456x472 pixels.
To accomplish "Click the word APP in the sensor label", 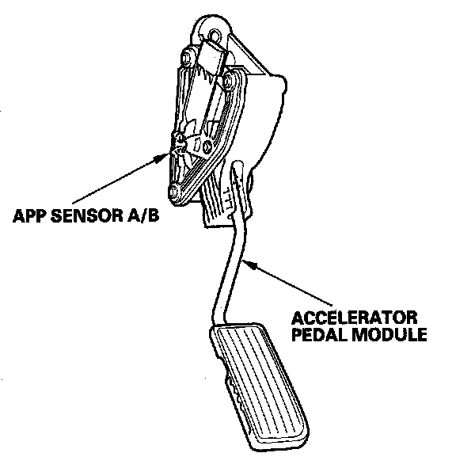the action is pyautogui.click(x=29, y=215).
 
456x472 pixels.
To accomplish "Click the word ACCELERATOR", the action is pyautogui.click(x=354, y=318).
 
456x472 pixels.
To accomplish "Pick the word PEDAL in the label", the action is pyautogui.click(x=320, y=334).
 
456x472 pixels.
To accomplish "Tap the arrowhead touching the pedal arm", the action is pyautogui.click(x=249, y=265).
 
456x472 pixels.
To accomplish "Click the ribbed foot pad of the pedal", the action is pyautogui.click(x=260, y=386).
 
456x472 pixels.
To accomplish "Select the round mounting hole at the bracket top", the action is pyautogui.click(x=215, y=35).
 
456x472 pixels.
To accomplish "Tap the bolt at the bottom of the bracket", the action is pyautogui.click(x=174, y=192).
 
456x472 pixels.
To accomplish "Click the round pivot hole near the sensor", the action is pyautogui.click(x=207, y=147).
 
